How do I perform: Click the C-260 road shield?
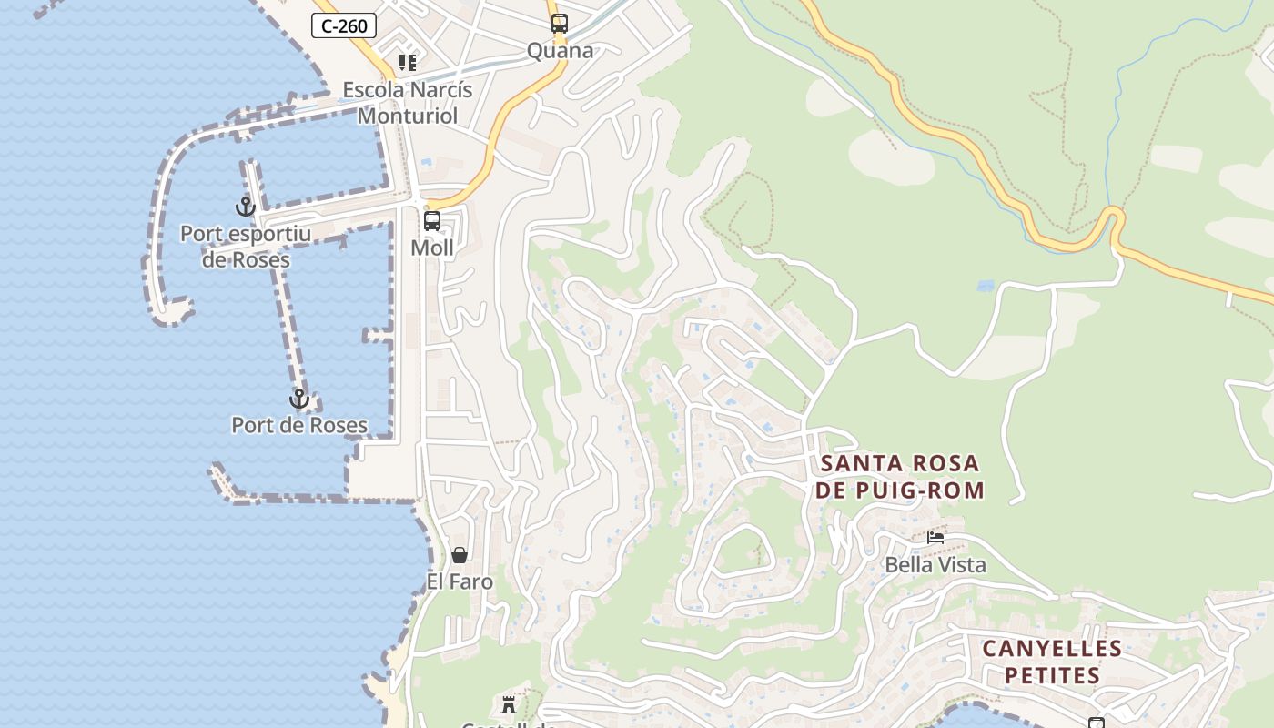click(344, 25)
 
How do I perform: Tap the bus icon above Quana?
click(559, 24)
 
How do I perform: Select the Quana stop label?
click(560, 50)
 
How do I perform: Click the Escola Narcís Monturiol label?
click(408, 103)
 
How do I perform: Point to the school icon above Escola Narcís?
click(408, 63)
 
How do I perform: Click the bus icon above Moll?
click(432, 221)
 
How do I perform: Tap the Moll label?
click(432, 248)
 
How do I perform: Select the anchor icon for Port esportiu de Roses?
click(246, 207)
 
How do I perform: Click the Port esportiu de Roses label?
click(246, 247)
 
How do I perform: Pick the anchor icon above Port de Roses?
click(299, 399)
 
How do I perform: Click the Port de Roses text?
click(299, 425)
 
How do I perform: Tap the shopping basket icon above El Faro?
click(460, 555)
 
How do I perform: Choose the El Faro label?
click(460, 581)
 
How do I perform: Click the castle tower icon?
click(509, 704)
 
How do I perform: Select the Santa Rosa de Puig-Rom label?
click(899, 477)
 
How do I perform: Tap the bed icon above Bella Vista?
click(935, 538)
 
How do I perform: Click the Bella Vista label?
click(935, 565)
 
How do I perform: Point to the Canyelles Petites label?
click(1052, 662)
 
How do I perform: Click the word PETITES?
click(1054, 675)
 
